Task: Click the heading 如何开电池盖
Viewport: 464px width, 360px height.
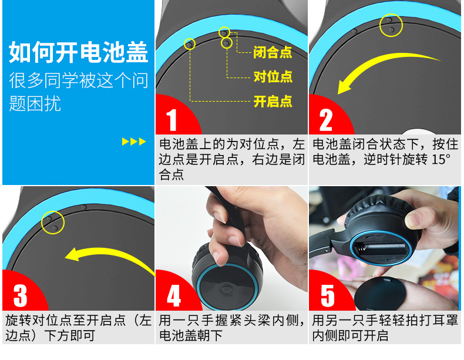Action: (79, 52)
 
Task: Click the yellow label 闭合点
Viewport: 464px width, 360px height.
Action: (273, 52)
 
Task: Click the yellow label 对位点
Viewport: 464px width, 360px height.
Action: (273, 77)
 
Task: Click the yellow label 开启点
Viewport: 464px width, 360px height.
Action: (273, 102)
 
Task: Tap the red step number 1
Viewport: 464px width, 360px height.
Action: (172, 120)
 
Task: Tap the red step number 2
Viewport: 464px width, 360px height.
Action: (326, 120)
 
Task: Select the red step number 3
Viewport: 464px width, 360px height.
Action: (20, 295)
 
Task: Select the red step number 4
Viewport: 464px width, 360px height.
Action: (174, 295)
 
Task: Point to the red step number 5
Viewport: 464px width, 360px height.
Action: (328, 295)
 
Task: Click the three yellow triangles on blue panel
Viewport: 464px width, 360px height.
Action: (134, 142)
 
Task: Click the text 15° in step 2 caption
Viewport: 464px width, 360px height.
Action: (441, 160)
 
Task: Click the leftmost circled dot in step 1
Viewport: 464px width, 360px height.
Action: (189, 45)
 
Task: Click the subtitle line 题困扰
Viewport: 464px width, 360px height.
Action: (35, 103)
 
